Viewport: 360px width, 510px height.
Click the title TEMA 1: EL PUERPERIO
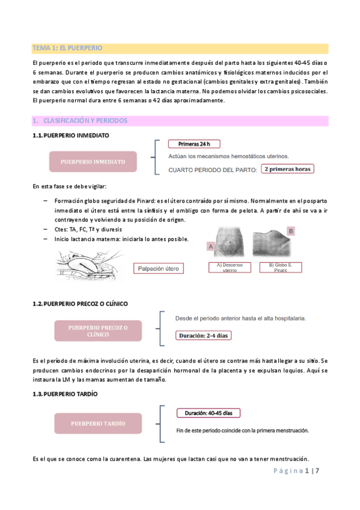[67, 48]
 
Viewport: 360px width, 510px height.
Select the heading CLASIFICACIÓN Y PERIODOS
[84, 121]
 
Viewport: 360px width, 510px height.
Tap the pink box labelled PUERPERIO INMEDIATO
[93, 162]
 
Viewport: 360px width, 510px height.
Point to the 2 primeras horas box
[287, 169]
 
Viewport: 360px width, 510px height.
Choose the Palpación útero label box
[159, 268]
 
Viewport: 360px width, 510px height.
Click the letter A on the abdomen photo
[210, 246]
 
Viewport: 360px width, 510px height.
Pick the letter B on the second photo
[291, 231]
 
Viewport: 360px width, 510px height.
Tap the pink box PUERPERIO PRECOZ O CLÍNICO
[99, 330]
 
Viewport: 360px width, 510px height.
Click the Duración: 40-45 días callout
[209, 413]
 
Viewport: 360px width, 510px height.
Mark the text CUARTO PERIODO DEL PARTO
[213, 170]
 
